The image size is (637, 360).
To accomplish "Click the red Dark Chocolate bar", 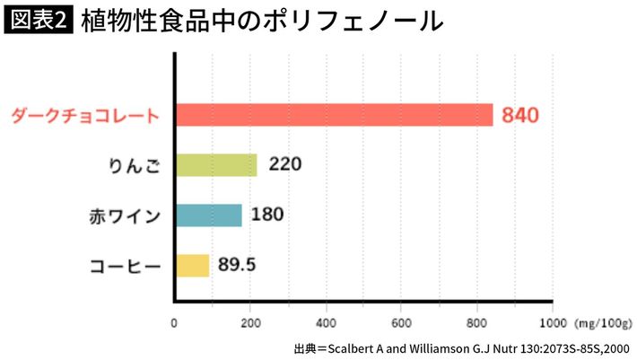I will (x=334, y=115).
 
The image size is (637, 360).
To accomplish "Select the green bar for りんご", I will (x=216, y=165).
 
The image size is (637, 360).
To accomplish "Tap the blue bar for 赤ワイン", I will (x=209, y=215).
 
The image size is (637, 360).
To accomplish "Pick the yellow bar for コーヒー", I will (x=192, y=266).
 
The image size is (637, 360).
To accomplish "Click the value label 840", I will (x=520, y=116).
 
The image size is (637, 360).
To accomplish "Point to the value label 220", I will (x=284, y=165).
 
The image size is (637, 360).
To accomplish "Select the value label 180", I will (x=269, y=215).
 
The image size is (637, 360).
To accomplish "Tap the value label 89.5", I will (x=238, y=266).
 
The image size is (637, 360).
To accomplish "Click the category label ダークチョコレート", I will (x=85, y=116).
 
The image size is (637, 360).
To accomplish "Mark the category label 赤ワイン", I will (x=125, y=216).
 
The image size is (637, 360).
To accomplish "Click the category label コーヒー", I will (x=125, y=267).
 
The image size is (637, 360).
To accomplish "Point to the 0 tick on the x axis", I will (x=174, y=320).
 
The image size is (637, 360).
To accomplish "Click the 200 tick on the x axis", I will (x=250, y=320).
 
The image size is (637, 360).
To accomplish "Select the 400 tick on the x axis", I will (x=327, y=320).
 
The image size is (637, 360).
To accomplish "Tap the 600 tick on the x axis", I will (x=402, y=320).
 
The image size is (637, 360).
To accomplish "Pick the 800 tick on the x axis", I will (x=478, y=320).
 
